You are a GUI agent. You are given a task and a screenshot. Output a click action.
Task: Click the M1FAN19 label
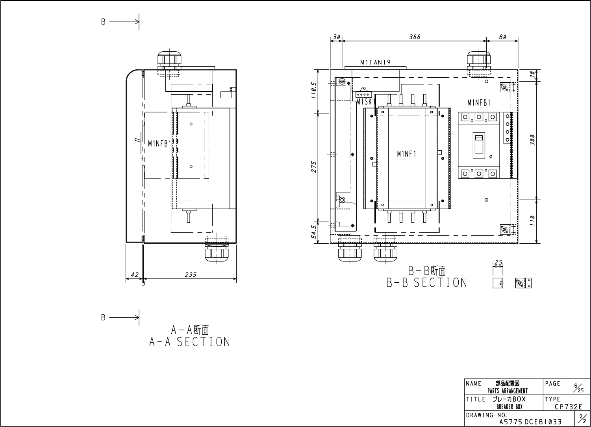[375, 62]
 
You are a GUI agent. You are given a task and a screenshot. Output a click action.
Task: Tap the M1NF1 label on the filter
[407, 154]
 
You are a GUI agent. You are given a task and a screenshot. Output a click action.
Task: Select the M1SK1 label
[366, 102]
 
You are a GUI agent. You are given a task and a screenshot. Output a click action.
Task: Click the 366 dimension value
[415, 37]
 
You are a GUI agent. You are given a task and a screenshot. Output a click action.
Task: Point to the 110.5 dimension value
[314, 90]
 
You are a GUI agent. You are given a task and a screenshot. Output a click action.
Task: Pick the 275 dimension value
[314, 167]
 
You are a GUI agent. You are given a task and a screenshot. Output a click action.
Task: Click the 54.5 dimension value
[314, 232]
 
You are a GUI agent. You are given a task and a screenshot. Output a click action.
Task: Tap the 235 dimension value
[191, 274]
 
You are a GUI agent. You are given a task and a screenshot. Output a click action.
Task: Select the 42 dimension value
[135, 274]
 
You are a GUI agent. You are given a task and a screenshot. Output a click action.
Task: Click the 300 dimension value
[532, 140]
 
